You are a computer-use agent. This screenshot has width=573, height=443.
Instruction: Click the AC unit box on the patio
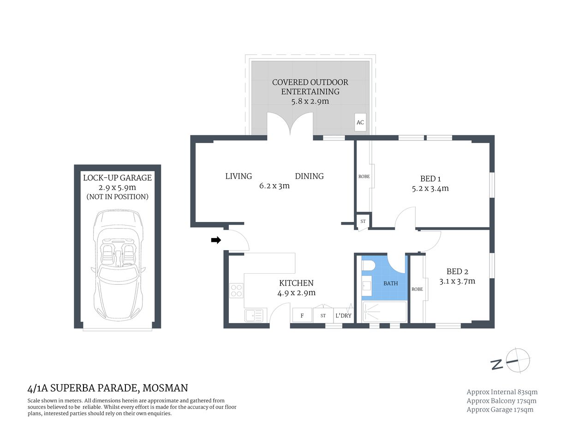360,122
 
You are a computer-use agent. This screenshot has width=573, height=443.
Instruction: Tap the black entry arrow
216,240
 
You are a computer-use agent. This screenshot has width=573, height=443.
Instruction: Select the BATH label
390,283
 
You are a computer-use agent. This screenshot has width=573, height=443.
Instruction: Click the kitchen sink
254,316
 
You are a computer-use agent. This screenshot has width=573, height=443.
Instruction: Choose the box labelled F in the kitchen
302,316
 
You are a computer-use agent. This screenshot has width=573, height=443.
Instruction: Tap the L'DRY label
343,316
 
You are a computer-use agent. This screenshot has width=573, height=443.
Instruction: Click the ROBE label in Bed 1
364,177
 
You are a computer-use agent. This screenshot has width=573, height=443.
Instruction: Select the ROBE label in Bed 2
417,289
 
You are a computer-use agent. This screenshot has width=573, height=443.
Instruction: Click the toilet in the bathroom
368,267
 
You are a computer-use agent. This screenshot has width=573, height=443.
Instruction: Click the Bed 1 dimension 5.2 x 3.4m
430,188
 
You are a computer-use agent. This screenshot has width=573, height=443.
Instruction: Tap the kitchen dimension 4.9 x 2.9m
296,293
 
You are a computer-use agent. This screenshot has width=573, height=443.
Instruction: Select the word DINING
309,176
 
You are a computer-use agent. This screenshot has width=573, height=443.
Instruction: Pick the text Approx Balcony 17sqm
501,401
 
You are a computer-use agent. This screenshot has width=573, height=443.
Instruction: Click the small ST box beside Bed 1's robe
363,221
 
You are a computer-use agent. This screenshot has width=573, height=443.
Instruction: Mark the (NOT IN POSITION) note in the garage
117,197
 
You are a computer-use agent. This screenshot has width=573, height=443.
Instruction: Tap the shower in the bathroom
384,312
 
